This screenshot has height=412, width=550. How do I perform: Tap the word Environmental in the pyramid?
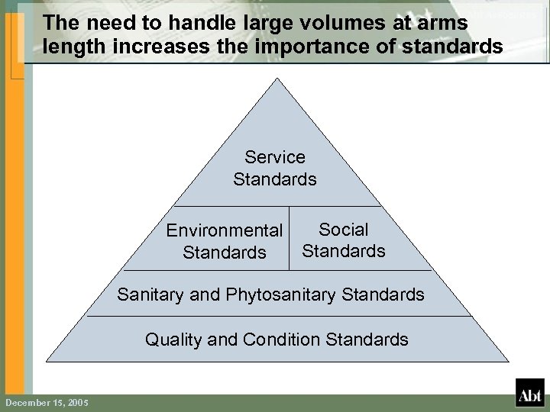(225, 230)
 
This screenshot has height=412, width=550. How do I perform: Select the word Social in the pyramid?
(344, 229)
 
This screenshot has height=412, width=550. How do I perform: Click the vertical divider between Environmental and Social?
(290, 237)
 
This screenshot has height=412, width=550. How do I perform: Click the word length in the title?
(70, 48)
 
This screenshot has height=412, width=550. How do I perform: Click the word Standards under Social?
(344, 250)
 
